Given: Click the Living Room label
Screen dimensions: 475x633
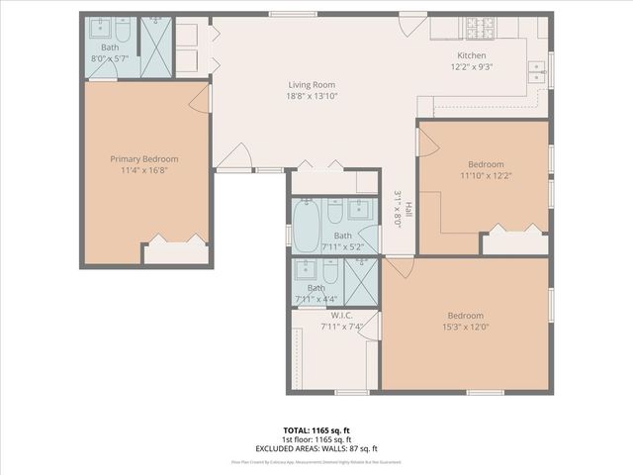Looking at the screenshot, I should pos(309,85).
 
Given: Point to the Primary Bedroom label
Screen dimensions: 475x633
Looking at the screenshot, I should pos(144,158).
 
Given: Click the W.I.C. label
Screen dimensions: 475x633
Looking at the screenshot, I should pos(342,316).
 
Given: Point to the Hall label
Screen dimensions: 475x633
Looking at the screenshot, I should pos(407,209).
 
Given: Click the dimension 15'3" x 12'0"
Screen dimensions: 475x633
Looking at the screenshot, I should pos(465,328).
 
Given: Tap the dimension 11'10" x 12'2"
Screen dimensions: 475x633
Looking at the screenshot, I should pos(486,176).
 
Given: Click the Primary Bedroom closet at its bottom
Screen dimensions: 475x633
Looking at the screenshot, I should pos(175,252).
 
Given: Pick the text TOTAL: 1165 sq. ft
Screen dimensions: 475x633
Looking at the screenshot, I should pos(316,430).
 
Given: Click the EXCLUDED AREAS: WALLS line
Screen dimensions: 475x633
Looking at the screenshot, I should pos(316,448).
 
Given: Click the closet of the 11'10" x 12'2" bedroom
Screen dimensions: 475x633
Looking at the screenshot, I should pos(514,241).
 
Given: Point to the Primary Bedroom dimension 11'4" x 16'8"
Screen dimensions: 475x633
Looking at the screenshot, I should pos(144,170).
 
